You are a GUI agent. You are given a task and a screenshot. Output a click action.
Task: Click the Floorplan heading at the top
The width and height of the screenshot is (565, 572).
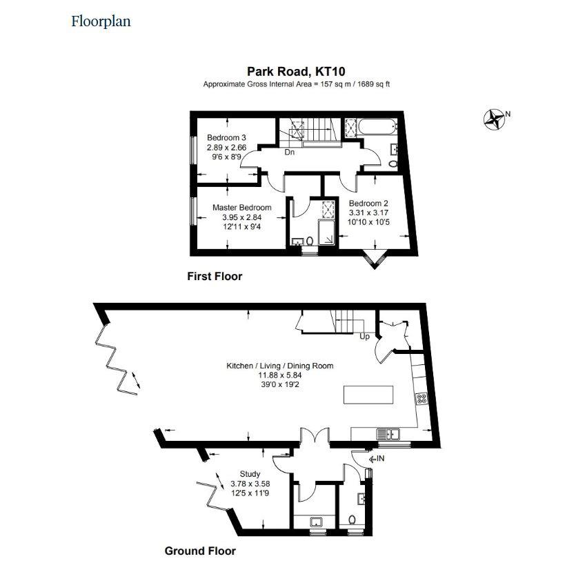[101, 21]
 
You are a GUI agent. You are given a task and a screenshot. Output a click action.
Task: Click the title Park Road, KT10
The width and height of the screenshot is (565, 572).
[296, 71]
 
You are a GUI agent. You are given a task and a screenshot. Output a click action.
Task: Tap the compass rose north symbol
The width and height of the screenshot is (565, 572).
[495, 119]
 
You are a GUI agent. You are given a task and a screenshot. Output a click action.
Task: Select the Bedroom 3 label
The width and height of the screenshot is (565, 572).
[226, 137]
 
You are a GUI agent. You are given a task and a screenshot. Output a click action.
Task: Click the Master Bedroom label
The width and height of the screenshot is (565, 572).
[241, 207]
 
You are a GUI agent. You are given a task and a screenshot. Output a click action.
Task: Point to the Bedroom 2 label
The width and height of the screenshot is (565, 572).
[368, 203]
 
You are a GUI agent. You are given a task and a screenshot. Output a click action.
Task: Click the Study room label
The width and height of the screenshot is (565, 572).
[250, 474]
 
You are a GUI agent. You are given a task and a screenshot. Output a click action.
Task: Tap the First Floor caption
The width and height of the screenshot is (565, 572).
[215, 276]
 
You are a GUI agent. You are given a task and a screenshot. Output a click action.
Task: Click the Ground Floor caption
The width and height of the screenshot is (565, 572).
[200, 551]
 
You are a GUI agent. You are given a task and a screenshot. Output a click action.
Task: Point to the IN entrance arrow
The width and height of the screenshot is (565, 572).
[376, 457]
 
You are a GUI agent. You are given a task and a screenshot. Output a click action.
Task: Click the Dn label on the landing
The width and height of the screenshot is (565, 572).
[290, 152]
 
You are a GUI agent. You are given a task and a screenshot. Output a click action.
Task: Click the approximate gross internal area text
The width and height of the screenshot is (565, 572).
[296, 84]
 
